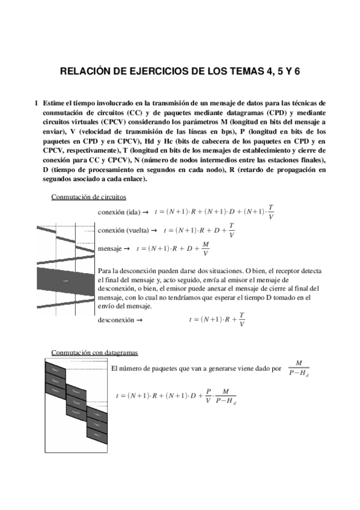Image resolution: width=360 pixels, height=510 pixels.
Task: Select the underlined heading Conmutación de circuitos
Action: [88, 197]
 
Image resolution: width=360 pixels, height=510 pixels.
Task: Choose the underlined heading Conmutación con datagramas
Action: [94, 352]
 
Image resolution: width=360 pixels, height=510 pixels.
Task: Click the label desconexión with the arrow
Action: [116, 320]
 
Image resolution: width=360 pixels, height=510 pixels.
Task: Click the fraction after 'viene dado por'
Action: [298, 368]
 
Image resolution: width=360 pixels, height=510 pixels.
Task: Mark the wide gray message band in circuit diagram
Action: [66, 280]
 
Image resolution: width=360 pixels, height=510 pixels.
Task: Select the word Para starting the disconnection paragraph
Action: [104, 271]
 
